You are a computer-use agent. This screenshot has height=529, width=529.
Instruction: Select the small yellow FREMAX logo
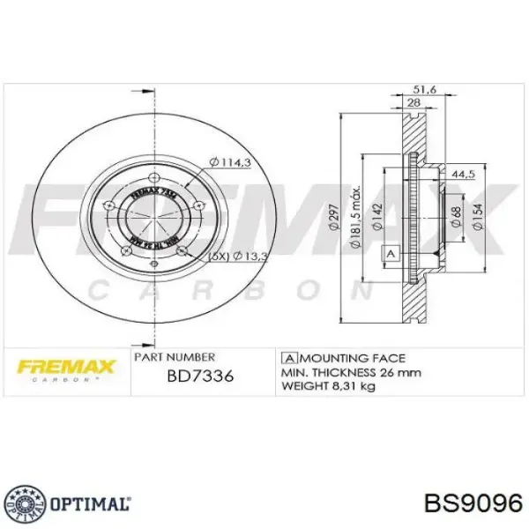pyautogui.click(x=60, y=365)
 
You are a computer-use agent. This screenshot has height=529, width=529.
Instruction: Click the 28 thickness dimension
pyautogui.click(x=412, y=104)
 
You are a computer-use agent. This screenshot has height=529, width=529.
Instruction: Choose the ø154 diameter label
pyautogui.click(x=476, y=215)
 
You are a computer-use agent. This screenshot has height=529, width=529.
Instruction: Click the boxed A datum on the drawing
pyautogui.click(x=387, y=254)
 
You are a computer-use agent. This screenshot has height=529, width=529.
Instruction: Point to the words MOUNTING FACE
pyautogui.click(x=352, y=358)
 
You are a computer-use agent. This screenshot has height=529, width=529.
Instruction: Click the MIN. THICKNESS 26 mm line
pyautogui.click(x=351, y=372)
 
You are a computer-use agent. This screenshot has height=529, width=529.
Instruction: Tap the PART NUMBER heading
pyautogui.click(x=174, y=358)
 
